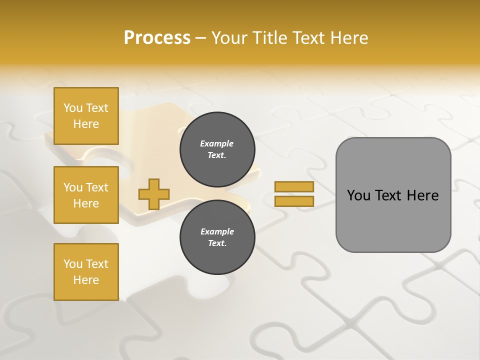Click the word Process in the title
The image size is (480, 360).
(x=157, y=38)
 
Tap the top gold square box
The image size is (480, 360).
(x=86, y=116)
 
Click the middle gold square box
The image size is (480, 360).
(x=86, y=195)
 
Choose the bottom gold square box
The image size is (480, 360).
(x=86, y=272)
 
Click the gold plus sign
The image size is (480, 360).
(x=154, y=194)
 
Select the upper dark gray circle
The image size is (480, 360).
(x=217, y=149)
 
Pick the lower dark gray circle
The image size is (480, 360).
(x=217, y=237)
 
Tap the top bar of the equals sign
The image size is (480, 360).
(x=294, y=187)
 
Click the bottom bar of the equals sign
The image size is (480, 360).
(x=294, y=201)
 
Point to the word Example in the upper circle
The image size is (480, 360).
(x=217, y=143)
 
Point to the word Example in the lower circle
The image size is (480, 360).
(x=217, y=231)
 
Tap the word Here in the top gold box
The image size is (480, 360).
(x=86, y=124)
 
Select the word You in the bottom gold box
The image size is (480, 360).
(x=73, y=264)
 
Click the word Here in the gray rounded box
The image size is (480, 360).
(x=423, y=195)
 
